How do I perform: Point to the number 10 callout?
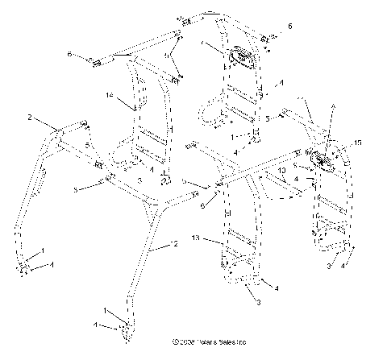pyautogui.click(x=281, y=172)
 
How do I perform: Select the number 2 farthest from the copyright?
pyautogui.click(x=31, y=118)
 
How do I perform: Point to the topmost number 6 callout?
pyautogui.click(x=290, y=27)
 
